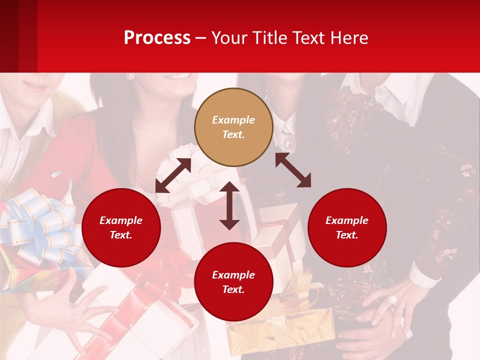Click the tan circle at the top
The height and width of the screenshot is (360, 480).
[233, 127]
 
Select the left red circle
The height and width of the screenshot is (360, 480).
[121, 227]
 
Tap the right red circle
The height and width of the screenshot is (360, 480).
[347, 227]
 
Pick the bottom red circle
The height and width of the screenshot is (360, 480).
[233, 282]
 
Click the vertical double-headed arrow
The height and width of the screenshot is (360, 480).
[229, 205]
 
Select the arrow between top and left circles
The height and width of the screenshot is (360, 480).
[173, 175]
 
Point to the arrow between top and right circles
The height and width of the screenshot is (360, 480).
[293, 170]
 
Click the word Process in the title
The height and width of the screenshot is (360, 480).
[157, 37]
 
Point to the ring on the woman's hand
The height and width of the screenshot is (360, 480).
[393, 299]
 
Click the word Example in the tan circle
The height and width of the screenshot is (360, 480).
[233, 120]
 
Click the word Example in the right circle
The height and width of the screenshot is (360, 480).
[347, 220]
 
